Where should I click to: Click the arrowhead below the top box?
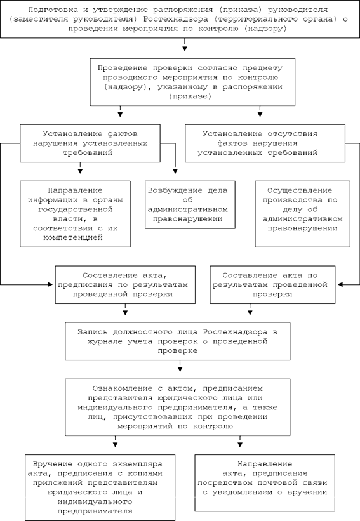(185, 48)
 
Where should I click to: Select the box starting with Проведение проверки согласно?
(192, 82)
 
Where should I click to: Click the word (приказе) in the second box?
(190, 96)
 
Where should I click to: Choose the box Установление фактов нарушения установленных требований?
(90, 143)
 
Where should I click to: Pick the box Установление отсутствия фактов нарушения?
(265, 143)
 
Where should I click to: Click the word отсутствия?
(293, 134)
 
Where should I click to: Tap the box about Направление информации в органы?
(75, 214)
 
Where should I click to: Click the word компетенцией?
(73, 237)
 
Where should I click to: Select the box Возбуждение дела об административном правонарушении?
(190, 205)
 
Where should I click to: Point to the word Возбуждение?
(175, 191)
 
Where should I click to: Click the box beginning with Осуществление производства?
(302, 214)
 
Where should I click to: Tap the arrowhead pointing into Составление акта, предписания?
(50, 284)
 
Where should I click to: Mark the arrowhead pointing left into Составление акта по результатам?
(340, 284)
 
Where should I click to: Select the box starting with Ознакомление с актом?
(178, 407)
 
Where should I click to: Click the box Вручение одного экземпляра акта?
(100, 487)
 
